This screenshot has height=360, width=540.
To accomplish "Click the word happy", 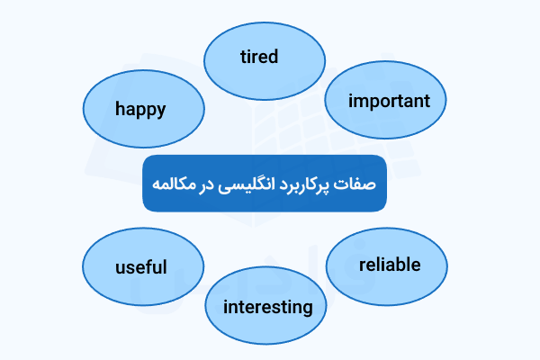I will click(x=140, y=109).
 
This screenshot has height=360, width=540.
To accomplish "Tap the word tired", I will click(x=259, y=57).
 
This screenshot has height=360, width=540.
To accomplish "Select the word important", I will click(x=390, y=100).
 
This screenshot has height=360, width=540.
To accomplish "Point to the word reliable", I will click(x=389, y=265).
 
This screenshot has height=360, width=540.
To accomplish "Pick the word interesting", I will click(x=267, y=307).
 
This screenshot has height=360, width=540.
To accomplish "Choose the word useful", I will click(x=141, y=267).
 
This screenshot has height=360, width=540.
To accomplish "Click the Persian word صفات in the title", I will click(x=357, y=184).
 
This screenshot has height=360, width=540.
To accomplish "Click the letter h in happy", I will click(x=120, y=108).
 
